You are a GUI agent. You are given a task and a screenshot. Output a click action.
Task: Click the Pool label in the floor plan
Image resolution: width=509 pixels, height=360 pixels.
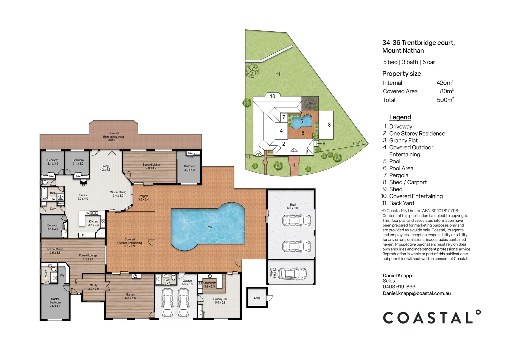point(209,227)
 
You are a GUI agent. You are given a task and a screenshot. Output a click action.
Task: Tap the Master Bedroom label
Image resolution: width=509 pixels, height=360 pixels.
point(55,302)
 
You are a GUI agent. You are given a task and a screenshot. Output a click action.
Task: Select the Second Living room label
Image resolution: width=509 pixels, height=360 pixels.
point(151,166)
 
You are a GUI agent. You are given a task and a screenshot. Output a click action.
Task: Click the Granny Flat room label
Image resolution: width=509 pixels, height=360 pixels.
point(220,301)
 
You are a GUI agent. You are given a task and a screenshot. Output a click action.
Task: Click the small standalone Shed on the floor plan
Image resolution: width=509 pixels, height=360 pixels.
point(257,298)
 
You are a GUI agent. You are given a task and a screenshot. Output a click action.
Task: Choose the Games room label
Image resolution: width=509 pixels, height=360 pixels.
point(130,296)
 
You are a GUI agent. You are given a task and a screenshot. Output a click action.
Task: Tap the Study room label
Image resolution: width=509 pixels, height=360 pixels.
point(94,287)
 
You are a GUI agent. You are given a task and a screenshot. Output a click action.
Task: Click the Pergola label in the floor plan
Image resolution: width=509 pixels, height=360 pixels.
point(144,198)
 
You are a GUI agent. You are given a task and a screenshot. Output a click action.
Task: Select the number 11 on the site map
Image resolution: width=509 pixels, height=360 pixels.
point(278,74)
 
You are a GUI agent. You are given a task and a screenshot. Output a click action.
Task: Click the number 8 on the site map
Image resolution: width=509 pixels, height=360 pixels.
point(329,125)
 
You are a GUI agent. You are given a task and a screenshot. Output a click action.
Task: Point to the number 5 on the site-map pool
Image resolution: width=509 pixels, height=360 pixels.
point(302,122)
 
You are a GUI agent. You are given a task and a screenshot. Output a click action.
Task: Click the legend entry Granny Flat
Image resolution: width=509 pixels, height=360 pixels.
point(403,140)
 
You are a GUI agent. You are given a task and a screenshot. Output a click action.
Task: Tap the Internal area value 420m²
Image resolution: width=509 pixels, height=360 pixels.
point(445,83)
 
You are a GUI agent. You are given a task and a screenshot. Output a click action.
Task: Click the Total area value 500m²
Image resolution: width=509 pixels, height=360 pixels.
point(445,100)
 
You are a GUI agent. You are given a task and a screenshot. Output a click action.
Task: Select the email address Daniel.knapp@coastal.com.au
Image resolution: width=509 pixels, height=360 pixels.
point(417,293)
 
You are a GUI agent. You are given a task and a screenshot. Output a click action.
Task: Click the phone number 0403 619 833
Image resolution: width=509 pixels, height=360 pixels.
point(399,287)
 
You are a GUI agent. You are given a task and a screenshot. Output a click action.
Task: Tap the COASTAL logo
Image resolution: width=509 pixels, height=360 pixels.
point(431,317)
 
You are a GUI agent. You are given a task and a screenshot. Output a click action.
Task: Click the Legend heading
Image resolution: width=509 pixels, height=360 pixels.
point(400,117)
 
